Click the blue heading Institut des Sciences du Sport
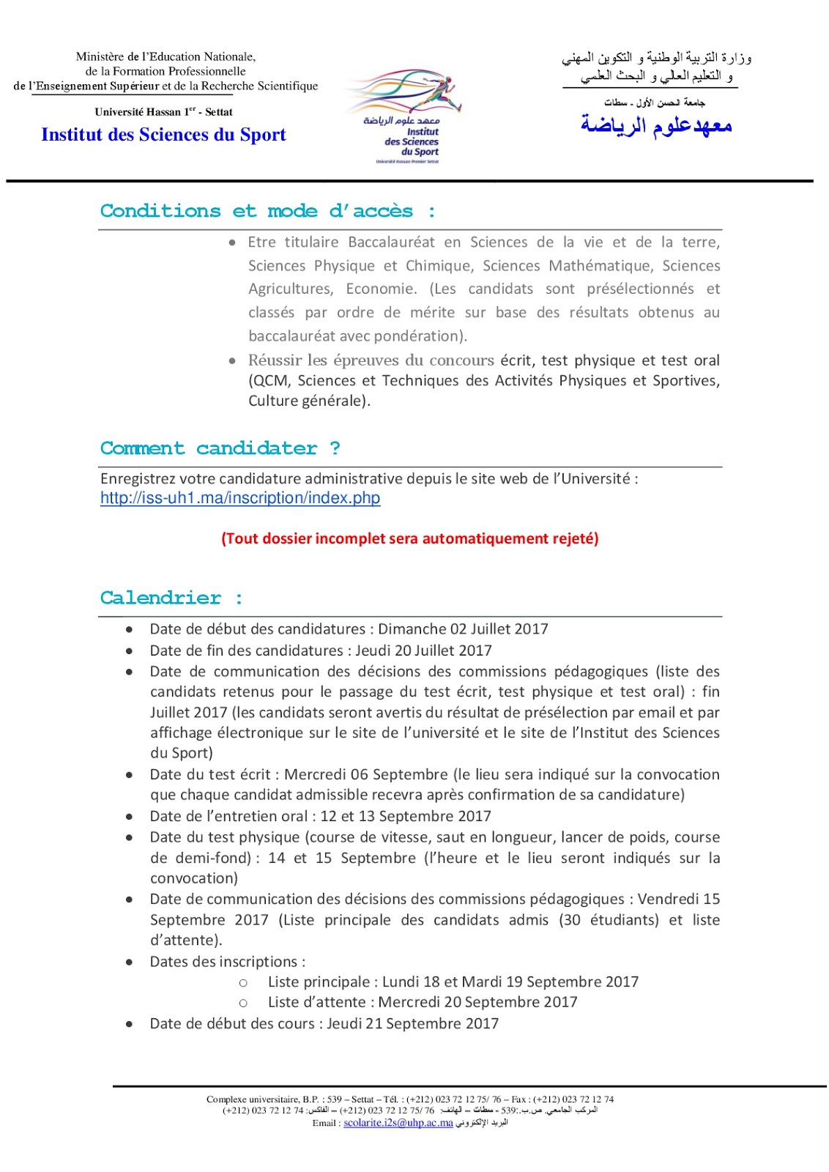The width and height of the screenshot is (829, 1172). coord(163,135)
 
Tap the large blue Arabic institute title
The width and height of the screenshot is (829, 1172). coord(656,125)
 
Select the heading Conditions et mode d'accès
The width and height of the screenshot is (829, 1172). coord(267,211)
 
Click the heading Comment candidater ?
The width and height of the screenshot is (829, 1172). coord(220,448)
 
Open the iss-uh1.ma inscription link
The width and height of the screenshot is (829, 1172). coord(240,498)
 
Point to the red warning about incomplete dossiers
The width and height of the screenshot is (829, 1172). coord(409,538)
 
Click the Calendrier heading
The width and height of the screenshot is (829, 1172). coord(171,598)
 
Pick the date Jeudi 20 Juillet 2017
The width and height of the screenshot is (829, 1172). coord(423,650)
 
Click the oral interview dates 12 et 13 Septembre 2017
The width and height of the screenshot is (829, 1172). coord(406,816)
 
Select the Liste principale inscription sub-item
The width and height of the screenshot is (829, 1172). coord(453,982)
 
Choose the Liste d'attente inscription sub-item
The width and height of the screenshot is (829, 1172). coord(422,1002)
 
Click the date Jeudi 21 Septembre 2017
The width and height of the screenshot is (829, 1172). coord(412,1023)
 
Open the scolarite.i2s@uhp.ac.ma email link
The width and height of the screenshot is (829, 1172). coord(398,1123)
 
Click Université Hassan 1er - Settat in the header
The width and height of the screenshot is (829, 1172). coord(163,112)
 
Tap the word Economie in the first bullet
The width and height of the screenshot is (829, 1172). coord(381,289)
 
